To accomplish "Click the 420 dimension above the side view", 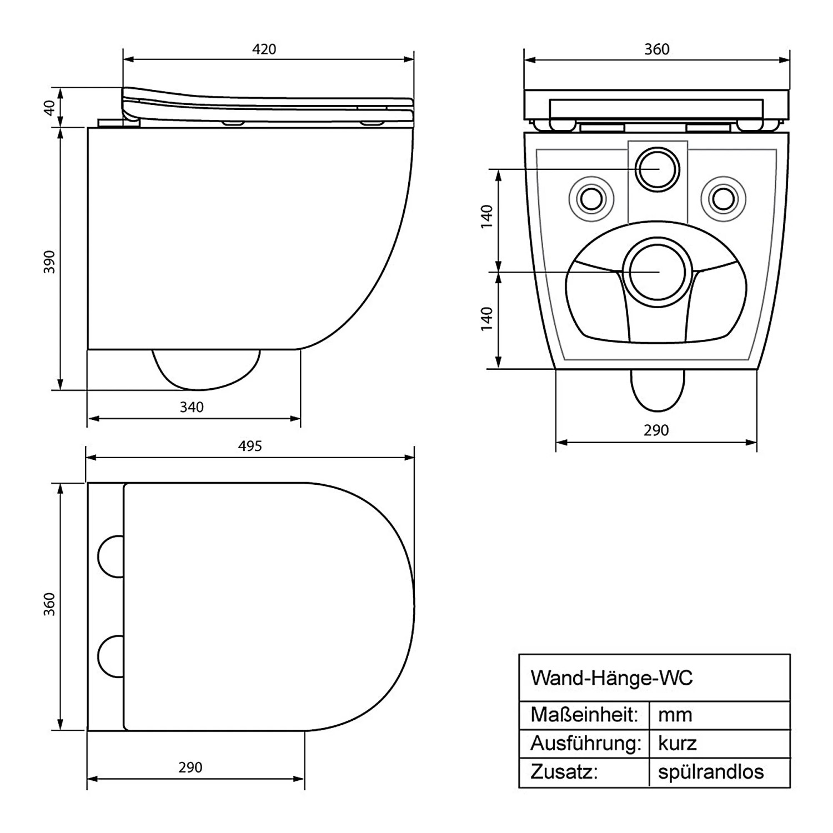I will point(264,49).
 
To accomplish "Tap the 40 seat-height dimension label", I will point(51,108).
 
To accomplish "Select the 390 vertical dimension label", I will point(50,262).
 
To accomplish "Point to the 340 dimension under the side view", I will point(192,407).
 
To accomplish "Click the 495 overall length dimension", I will point(250,446).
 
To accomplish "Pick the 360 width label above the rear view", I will point(656,49).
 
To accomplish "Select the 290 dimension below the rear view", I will point(656,430).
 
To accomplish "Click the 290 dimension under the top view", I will point(190,767).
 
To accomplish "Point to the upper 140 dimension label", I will point(487,217).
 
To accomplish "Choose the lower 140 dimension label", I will point(487,319).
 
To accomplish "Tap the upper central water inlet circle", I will point(658,168).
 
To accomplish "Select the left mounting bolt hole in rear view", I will point(591,198).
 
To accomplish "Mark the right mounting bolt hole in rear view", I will point(723,198).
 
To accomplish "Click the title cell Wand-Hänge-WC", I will point(611,678).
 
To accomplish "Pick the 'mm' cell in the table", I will point(675,714).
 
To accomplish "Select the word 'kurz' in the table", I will point(678,743).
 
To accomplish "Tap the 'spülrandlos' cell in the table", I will point(711,772).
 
